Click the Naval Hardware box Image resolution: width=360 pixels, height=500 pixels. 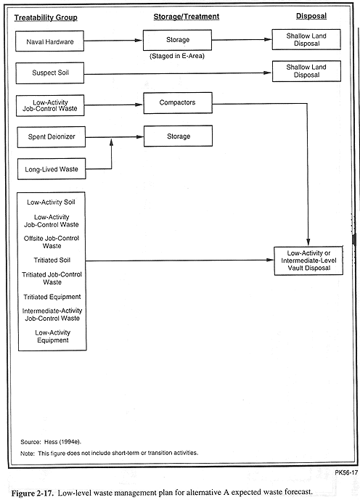point(50,41)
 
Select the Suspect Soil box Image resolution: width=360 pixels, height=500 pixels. point(50,73)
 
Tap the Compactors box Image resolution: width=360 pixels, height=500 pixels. point(178,103)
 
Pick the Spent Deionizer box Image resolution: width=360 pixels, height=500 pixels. point(52,137)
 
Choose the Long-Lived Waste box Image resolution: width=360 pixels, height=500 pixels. point(52,169)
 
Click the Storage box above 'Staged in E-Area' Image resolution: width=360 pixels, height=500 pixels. point(177,40)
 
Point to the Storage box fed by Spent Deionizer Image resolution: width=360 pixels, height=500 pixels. point(179,136)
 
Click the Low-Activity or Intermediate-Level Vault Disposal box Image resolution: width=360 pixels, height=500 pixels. point(308,261)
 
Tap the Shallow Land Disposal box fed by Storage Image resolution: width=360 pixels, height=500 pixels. point(306,39)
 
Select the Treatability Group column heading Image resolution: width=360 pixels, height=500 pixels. point(46,17)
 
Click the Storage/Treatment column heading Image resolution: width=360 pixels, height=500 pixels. point(187,17)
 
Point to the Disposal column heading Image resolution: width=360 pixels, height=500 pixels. point(311,16)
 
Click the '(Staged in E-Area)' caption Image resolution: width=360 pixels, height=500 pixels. point(177,56)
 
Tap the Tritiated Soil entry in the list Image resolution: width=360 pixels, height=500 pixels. point(52,261)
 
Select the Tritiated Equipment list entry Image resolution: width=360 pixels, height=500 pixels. point(52,297)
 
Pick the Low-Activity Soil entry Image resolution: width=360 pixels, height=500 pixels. point(51,202)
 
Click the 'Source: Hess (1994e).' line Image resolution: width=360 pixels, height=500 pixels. point(51,442)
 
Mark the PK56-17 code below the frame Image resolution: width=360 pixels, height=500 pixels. point(346,472)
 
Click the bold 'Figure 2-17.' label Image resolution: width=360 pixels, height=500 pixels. point(32,493)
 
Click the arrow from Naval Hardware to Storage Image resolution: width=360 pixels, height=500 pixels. point(113,41)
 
